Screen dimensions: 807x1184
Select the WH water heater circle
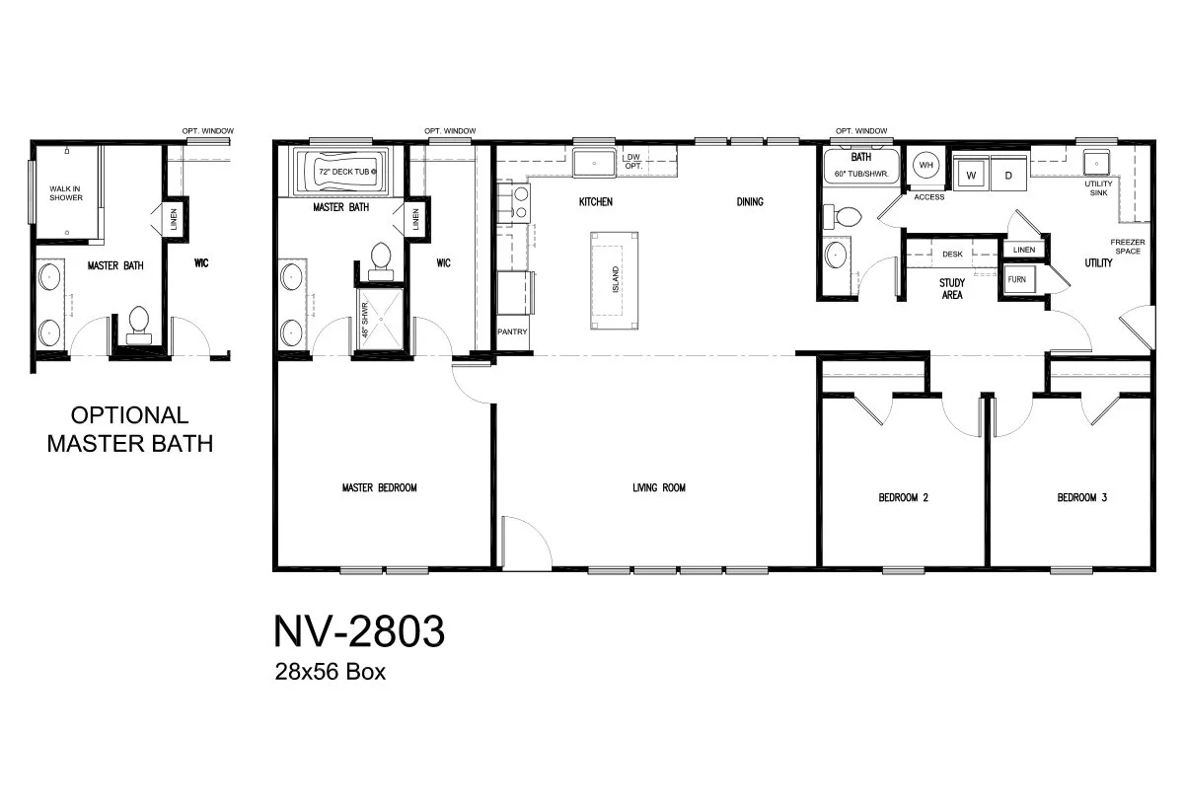tap(925, 166)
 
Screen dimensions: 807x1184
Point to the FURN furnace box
tap(1016, 280)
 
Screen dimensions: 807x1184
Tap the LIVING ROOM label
tap(658, 487)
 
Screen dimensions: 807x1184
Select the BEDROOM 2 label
tap(903, 498)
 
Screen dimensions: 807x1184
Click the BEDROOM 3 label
tap(1081, 498)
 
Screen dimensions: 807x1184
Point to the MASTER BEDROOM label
tap(379, 487)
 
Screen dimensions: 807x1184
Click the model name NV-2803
tap(358, 632)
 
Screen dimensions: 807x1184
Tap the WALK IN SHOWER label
tap(66, 193)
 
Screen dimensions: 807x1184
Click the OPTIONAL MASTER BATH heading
tap(130, 429)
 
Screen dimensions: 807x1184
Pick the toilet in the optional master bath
tap(138, 324)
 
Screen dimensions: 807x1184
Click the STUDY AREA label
tap(951, 288)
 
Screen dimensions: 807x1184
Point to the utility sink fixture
tap(1096, 162)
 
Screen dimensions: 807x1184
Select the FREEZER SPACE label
tap(1127, 247)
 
